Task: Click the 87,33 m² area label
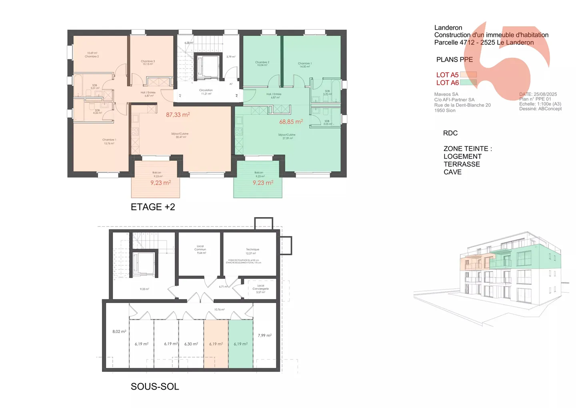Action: [x=178, y=115]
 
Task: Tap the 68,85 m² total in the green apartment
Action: [x=291, y=121]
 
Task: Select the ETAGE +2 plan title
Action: [x=153, y=207]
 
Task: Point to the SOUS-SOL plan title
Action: [x=155, y=386]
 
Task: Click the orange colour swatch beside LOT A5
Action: [x=468, y=75]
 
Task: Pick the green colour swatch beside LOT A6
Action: [x=468, y=83]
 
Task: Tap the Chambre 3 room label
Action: [x=148, y=63]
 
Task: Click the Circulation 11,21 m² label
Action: [x=206, y=92]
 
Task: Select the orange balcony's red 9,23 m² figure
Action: [x=160, y=183]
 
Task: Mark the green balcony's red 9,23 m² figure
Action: [x=263, y=183]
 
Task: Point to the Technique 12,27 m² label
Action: [x=252, y=251]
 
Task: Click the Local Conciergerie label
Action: [x=260, y=289]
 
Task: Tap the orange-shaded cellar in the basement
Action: [x=216, y=344]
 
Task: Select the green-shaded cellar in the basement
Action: [x=240, y=344]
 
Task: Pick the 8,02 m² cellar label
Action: [x=119, y=331]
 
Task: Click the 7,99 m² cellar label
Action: [x=264, y=335]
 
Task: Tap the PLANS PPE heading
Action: [x=454, y=60]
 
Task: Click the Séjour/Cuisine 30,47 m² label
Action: [x=180, y=135]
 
